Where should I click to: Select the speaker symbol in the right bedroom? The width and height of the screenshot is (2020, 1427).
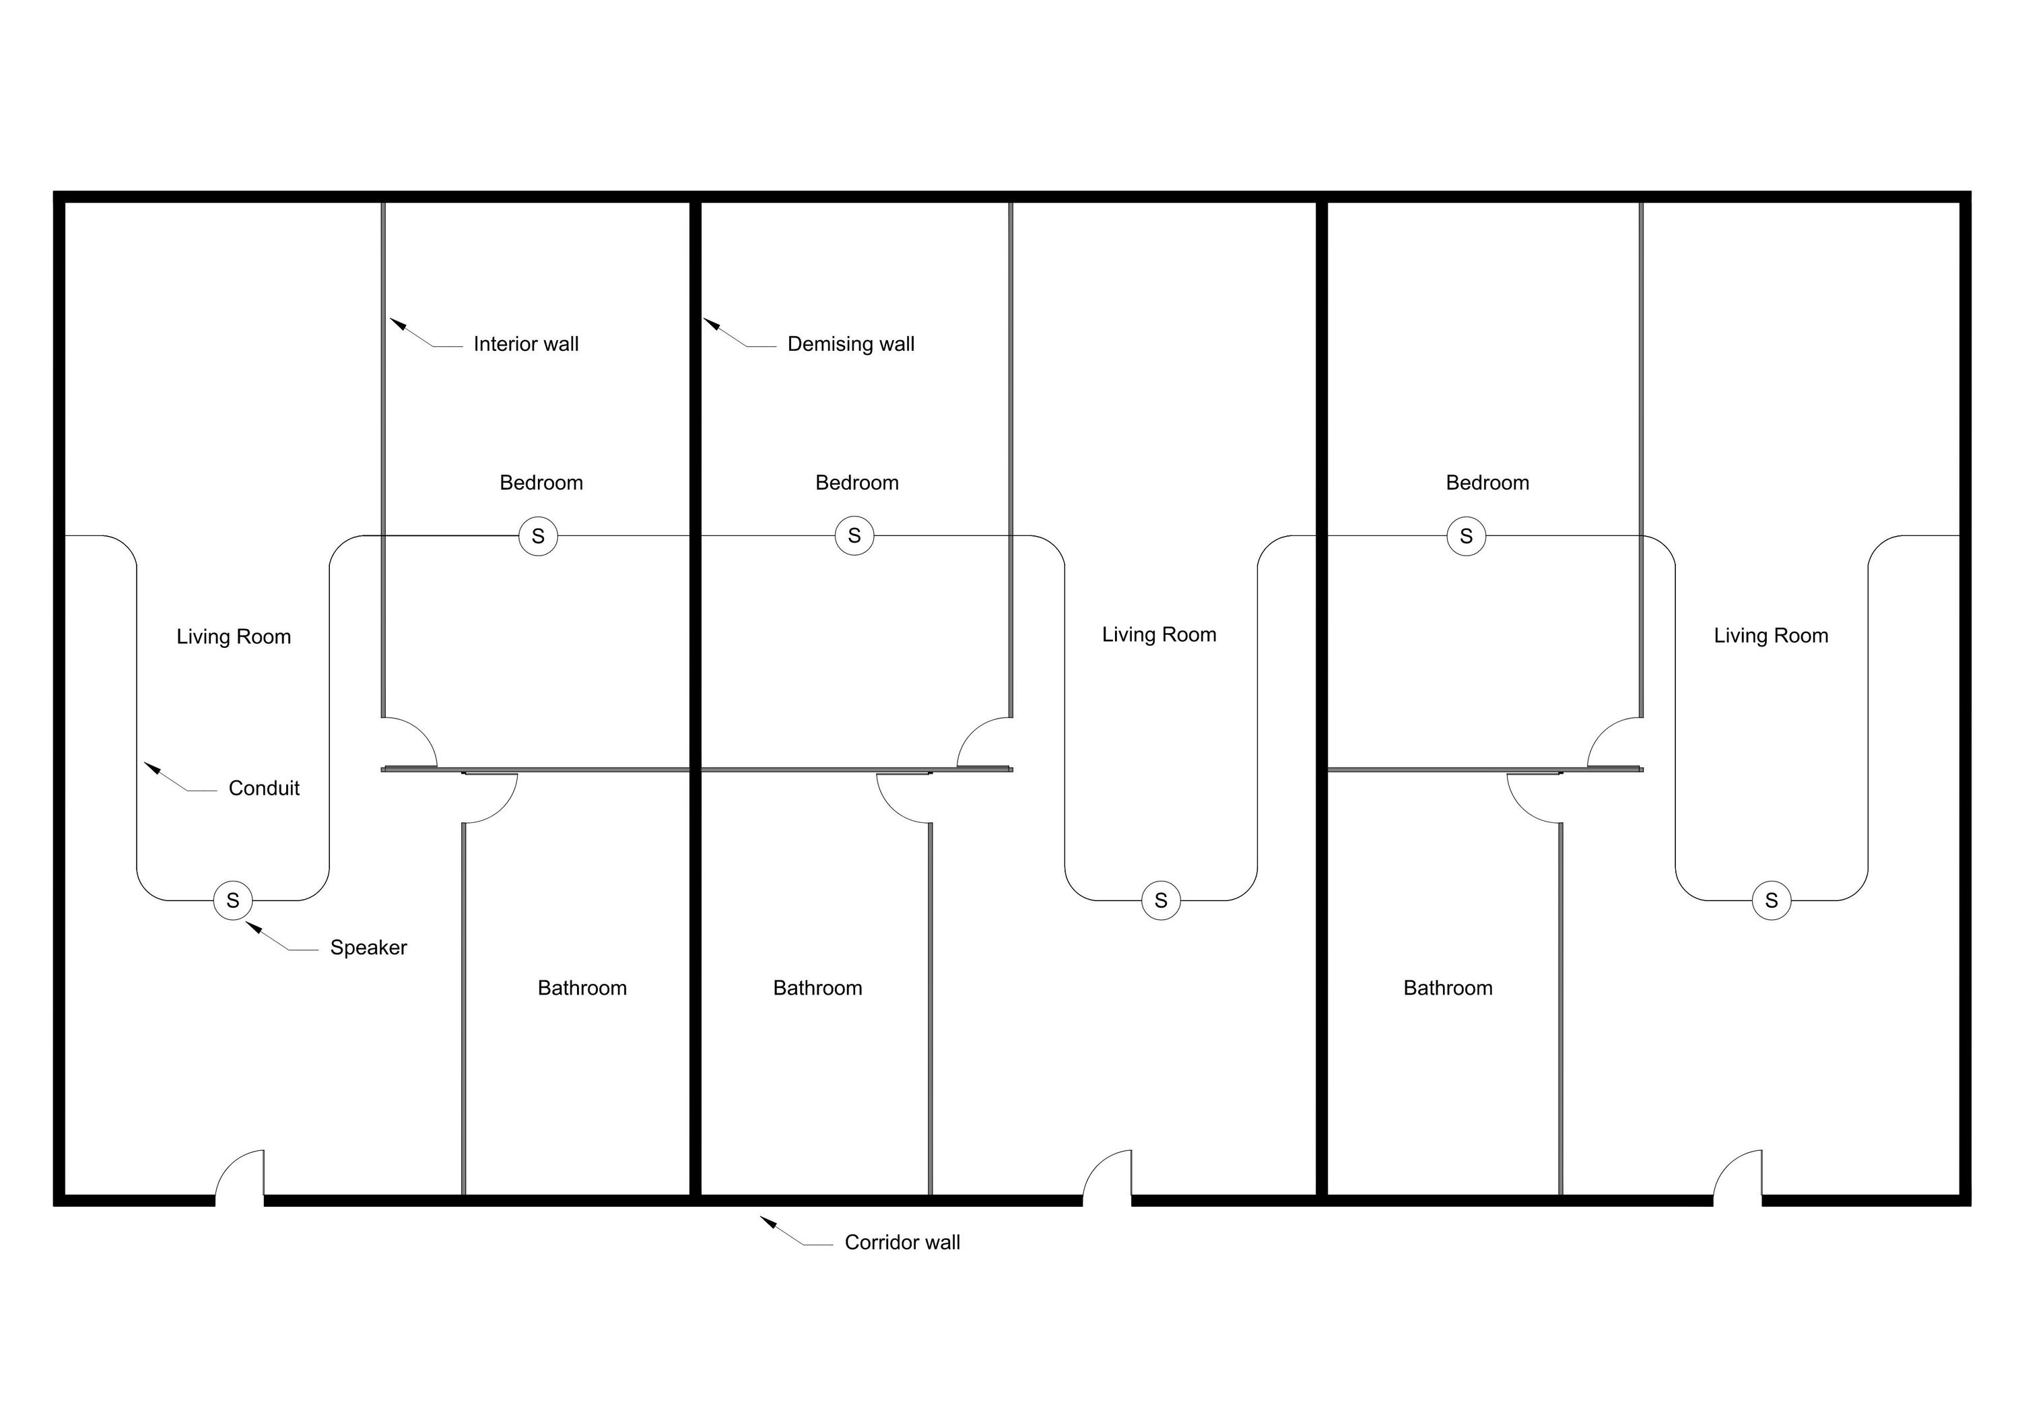coord(1466,536)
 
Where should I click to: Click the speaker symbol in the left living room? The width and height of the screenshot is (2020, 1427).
coord(232,900)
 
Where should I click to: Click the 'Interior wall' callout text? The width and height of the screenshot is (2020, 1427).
coord(525,344)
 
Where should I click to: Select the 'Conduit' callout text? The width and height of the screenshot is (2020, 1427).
coord(264,789)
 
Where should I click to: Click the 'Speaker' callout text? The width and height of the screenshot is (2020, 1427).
coord(368,948)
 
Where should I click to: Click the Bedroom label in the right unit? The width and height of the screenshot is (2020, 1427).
coord(1487,483)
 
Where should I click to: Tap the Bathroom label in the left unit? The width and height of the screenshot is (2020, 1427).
coord(582,988)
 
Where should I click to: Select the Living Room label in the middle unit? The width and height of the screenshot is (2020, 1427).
coord(1159,635)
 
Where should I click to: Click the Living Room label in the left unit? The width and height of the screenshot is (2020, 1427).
coord(233,637)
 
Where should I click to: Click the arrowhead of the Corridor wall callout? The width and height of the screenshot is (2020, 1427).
coord(766,1221)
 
